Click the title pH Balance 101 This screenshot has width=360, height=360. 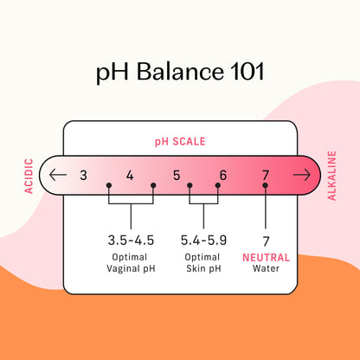(x=180, y=72)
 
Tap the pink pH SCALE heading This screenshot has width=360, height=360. (x=180, y=142)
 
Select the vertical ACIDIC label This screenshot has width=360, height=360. (x=29, y=176)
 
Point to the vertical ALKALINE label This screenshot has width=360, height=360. (x=331, y=176)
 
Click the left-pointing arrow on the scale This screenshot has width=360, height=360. (x=58, y=175)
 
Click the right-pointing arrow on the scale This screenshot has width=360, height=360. (x=302, y=175)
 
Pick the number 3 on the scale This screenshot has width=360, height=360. (x=83, y=175)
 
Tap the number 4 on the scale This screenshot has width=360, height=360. (x=130, y=175)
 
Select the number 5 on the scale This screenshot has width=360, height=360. (x=177, y=175)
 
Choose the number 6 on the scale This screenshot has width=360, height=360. (x=223, y=175)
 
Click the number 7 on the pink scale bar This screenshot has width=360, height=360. (x=266, y=175)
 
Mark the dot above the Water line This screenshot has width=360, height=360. (x=266, y=185)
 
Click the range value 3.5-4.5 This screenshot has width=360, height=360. (x=131, y=241)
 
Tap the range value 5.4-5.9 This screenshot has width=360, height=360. (x=203, y=241)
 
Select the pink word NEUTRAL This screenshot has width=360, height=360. (x=266, y=257)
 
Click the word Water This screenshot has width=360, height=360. (x=266, y=268)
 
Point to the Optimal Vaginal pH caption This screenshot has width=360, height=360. (x=131, y=263)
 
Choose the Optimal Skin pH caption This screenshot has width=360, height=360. (x=203, y=263)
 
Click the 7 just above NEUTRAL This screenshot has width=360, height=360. (x=266, y=241)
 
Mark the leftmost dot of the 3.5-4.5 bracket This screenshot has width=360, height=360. (x=109, y=185)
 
